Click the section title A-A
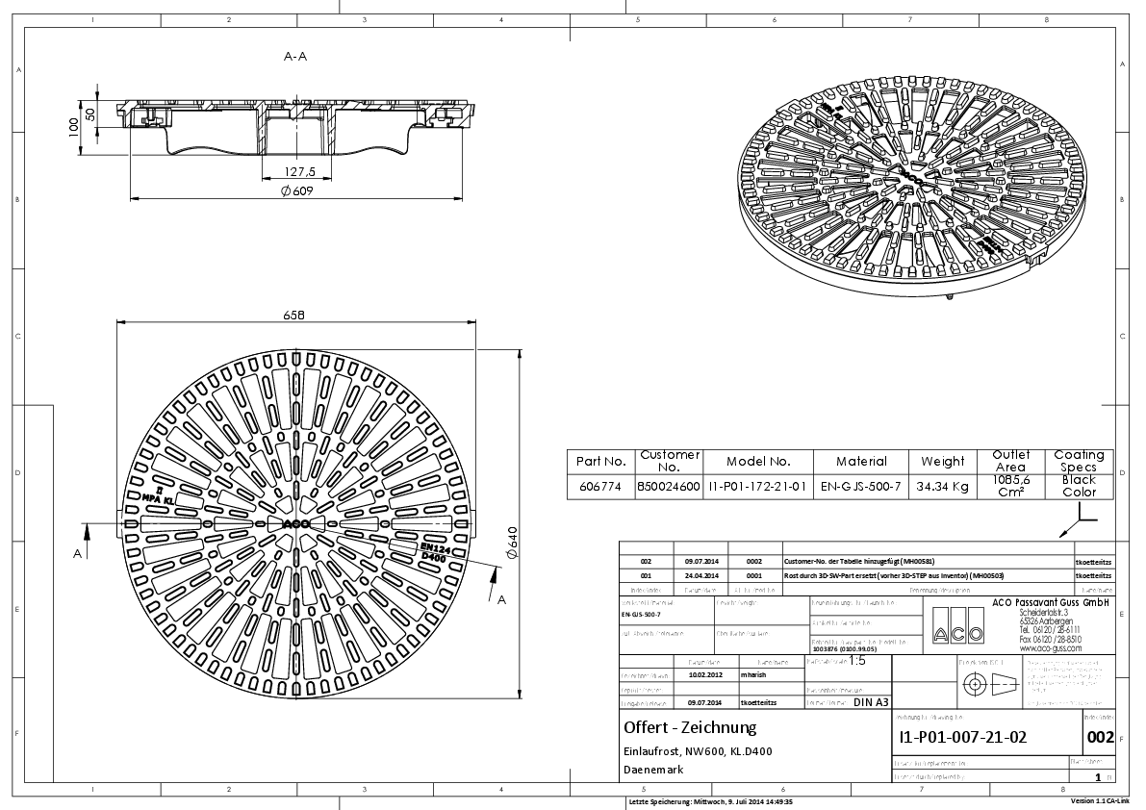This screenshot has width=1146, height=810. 295,58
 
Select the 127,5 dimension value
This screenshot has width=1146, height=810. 298,172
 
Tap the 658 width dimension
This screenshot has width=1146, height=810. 295,316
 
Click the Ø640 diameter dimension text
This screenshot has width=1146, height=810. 513,545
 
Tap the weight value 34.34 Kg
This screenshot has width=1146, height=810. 943,487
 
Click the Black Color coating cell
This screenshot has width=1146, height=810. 1079,486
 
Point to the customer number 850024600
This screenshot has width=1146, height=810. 670,487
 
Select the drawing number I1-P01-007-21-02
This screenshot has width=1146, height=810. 962,739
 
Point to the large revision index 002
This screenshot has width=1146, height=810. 1100,739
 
